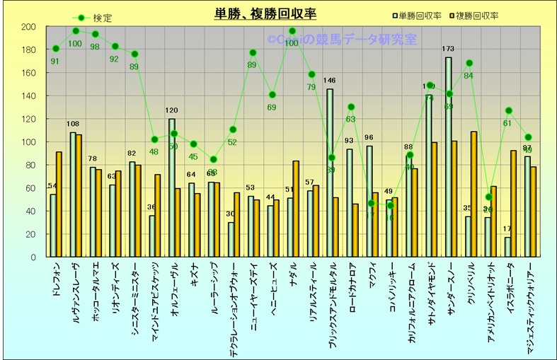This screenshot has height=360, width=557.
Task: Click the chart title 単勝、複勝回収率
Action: point(265,14)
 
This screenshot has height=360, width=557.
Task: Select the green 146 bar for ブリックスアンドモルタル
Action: point(329,173)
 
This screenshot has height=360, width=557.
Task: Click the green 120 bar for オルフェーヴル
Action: point(172,187)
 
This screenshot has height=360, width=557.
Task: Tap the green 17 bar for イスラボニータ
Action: point(507,247)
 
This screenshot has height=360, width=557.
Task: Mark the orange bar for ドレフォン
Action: point(59,204)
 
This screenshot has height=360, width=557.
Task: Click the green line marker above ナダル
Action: point(292,31)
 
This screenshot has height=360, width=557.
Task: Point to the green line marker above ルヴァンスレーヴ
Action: point(76,31)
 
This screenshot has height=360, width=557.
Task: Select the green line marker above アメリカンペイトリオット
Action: point(489,197)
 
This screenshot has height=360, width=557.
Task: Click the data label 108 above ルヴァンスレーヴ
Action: point(73,124)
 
